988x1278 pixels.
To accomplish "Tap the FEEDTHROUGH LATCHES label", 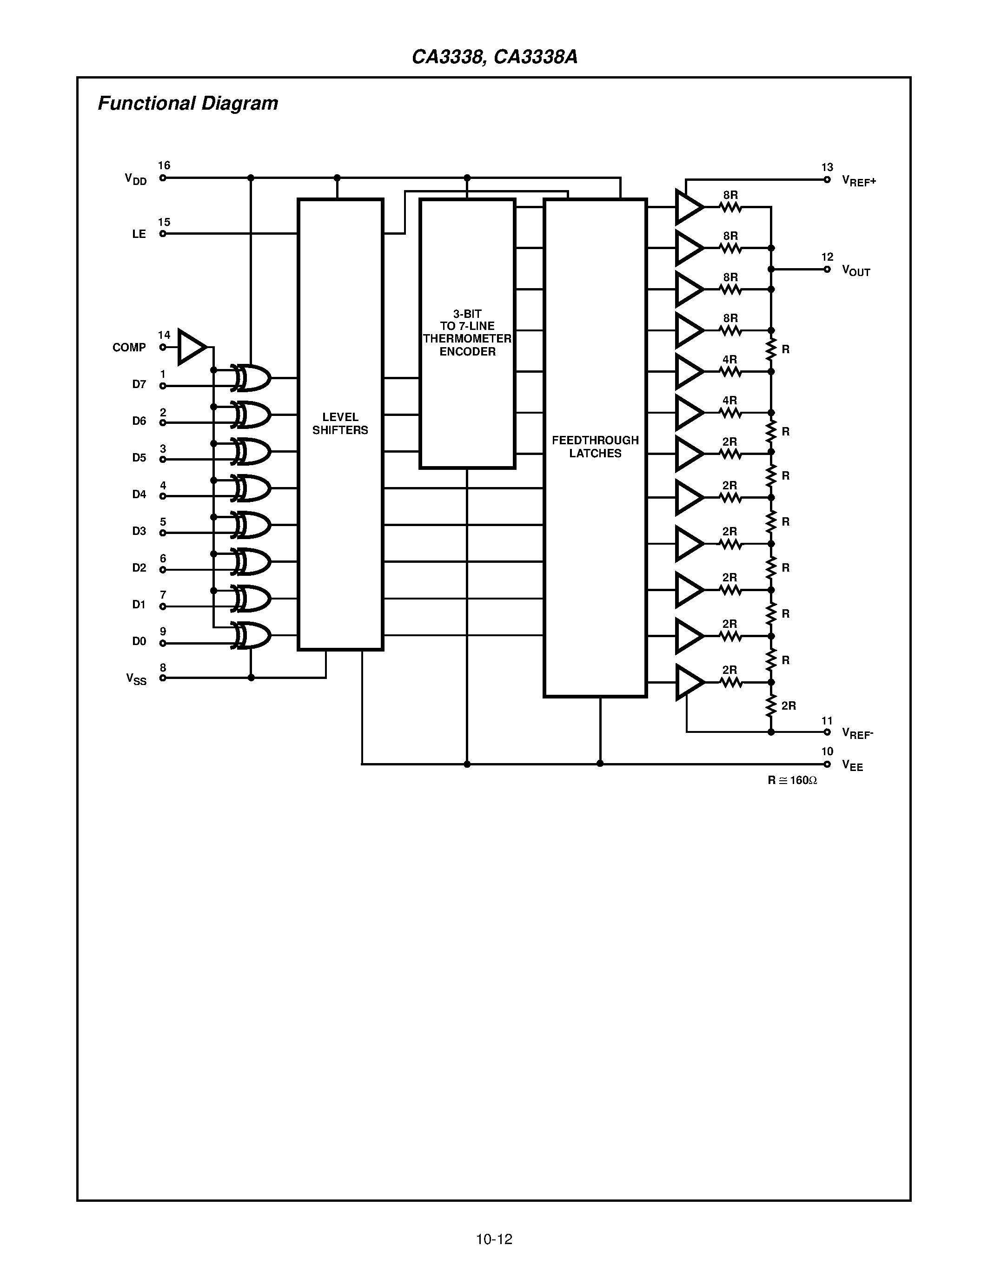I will [595, 447].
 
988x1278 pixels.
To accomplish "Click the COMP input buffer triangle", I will [190, 347].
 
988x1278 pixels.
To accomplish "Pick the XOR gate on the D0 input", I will [252, 635].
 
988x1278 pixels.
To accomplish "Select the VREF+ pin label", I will [859, 181].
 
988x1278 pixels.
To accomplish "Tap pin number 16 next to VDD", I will [164, 165].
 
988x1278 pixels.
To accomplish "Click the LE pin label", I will [139, 234].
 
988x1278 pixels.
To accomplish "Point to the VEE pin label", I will [852, 765].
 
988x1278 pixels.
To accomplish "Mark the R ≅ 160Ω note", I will [792, 780].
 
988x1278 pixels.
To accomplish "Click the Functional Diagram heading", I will [188, 104].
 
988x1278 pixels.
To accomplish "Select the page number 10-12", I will [494, 1239].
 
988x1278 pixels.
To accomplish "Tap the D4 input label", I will [139, 494].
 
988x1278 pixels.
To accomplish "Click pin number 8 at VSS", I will [163, 668].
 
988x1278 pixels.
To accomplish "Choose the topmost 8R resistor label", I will [730, 195].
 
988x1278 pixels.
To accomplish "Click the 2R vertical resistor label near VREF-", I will [789, 706].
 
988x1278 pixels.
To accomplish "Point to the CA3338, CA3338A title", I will [495, 57].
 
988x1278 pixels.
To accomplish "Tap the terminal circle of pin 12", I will [827, 269].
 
